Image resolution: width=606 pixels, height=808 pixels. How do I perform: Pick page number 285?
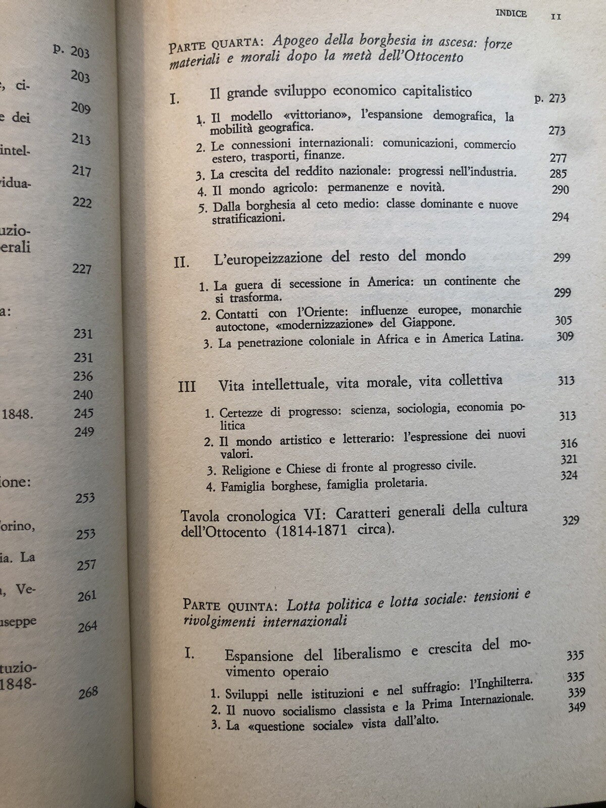(558, 174)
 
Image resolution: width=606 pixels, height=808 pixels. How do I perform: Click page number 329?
(570, 520)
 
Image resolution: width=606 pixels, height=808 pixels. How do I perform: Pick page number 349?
(576, 707)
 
